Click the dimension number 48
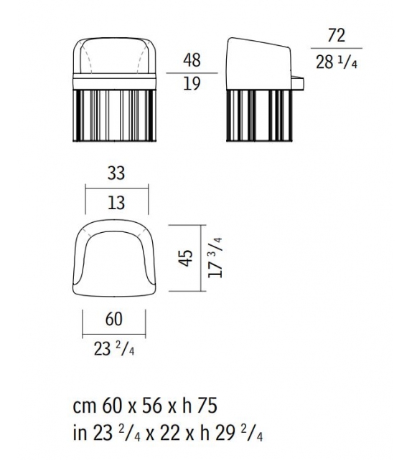point(192,60)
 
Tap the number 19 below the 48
point(192,84)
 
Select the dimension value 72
point(336,36)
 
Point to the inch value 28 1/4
point(336,62)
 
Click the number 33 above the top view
point(116,173)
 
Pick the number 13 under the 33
point(116,203)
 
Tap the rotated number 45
point(186,258)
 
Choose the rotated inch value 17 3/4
point(215,257)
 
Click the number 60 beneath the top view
point(113,319)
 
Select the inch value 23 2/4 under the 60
point(114,349)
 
